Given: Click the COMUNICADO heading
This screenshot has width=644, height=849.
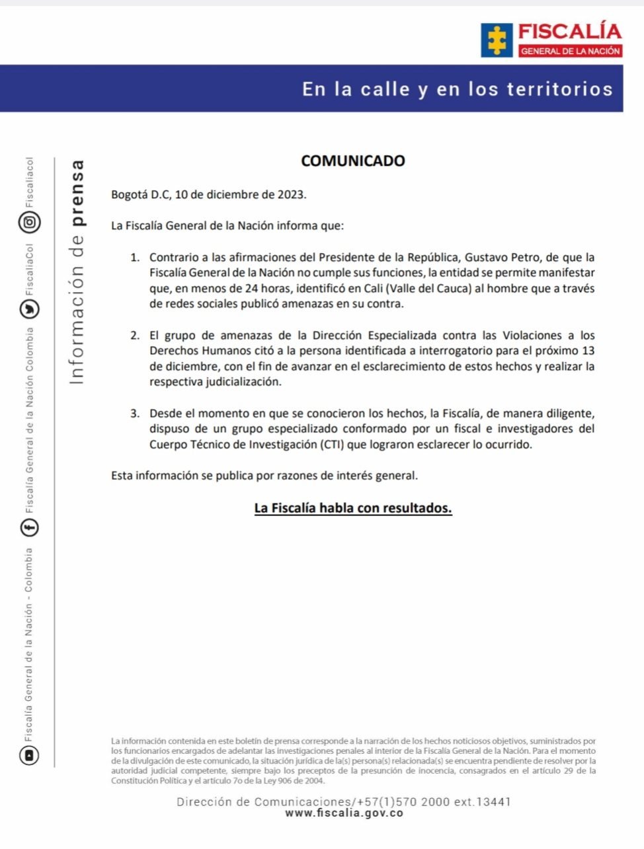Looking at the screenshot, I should click(352, 161).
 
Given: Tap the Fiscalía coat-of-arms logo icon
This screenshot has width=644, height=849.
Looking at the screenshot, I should click(497, 40).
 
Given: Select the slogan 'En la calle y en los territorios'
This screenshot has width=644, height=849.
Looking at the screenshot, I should click(458, 89).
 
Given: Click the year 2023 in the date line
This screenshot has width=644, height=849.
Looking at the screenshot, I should click(291, 195).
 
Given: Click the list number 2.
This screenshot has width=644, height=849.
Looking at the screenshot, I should click(135, 336).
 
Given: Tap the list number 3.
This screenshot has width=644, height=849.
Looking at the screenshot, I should click(135, 414).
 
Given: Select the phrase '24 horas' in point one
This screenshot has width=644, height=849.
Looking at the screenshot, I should click(268, 289).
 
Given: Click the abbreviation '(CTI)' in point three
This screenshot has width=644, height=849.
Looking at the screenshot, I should click(332, 445).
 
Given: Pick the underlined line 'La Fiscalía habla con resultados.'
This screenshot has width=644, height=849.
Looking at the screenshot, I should click(353, 508).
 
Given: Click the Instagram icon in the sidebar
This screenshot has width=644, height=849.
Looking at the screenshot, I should click(30, 222).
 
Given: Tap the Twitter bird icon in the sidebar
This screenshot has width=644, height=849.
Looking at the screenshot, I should click(30, 309).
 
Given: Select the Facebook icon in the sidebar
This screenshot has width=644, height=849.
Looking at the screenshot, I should click(30, 527).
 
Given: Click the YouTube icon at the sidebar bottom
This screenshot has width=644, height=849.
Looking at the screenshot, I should click(30, 755).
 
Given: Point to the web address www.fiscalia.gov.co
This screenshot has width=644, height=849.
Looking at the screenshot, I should click(344, 813).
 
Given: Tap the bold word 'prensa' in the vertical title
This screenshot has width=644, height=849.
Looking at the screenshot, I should click(77, 192).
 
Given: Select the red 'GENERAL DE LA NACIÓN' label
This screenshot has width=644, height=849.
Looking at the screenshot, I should click(570, 51).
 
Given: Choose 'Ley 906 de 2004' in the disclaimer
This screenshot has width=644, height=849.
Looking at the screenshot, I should click(298, 780).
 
